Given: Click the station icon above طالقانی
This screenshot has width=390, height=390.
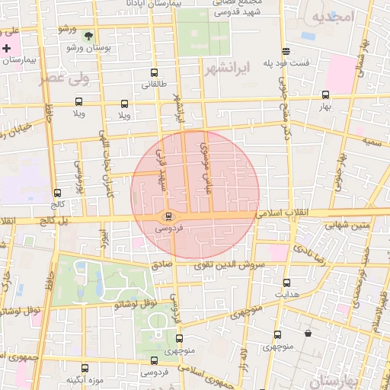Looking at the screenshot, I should (x=155, y=74).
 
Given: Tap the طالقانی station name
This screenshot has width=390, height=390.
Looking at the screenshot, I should (x=155, y=85).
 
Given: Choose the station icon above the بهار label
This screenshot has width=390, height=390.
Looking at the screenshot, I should (x=326, y=95).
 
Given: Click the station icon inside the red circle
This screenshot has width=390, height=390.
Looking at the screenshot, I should (x=168, y=216).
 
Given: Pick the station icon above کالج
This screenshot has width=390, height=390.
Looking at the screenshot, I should (x=57, y=193).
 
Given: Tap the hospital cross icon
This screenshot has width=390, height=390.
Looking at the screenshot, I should (x=7, y=49).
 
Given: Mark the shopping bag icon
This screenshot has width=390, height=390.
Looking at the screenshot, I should (x=308, y=333).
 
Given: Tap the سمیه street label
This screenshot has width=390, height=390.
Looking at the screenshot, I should (x=372, y=142).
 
